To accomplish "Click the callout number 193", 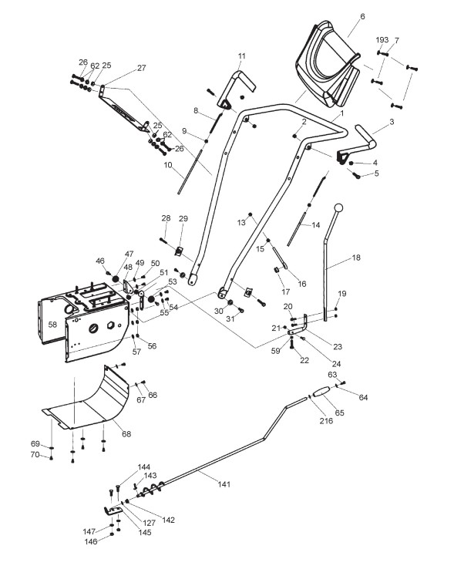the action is (382, 39).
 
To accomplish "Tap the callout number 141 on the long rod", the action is (224, 484).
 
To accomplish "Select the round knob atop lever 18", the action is (338, 208).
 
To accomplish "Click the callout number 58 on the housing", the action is (52, 325).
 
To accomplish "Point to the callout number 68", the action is (126, 434).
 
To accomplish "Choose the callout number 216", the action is (326, 420).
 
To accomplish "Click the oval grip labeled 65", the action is (321, 392).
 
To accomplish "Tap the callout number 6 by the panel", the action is (362, 16).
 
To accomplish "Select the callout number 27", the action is (141, 68).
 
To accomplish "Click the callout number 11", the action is (241, 56).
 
